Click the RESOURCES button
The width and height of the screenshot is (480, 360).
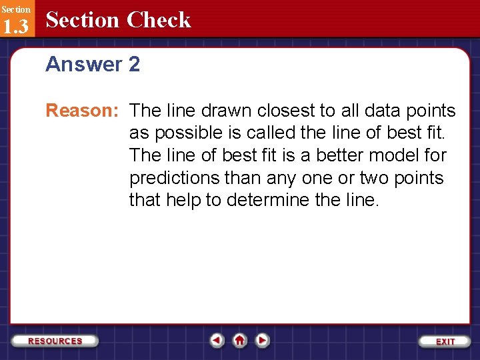click(55, 341)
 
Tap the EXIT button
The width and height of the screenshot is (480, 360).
click(445, 341)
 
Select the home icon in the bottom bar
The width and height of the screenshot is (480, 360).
click(240, 340)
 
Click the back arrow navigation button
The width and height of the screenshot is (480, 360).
click(217, 340)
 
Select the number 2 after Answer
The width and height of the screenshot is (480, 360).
click(134, 65)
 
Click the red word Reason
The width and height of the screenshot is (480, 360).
click(82, 111)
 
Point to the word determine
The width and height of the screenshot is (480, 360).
click(270, 200)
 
